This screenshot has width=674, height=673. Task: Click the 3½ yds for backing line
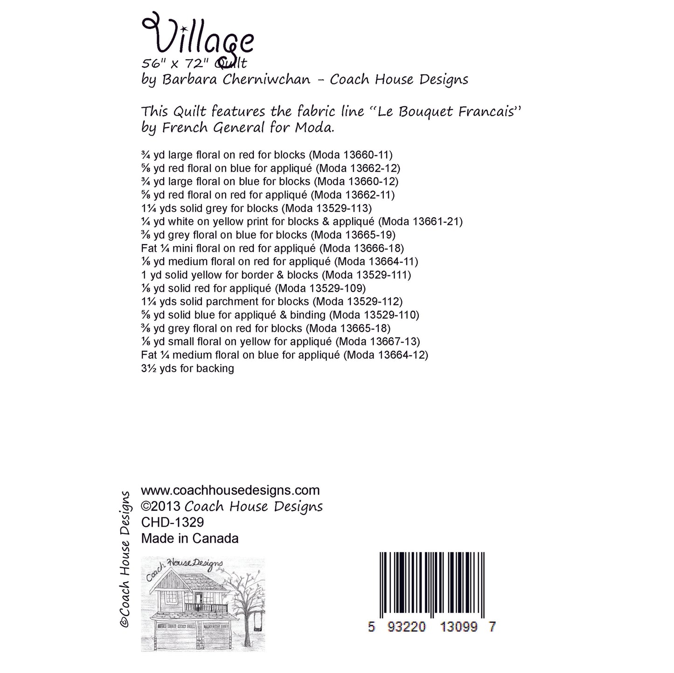pyautogui.click(x=187, y=368)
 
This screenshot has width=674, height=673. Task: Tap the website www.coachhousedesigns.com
pyautogui.click(x=230, y=490)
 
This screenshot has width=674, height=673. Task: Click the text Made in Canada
pyautogui.click(x=189, y=538)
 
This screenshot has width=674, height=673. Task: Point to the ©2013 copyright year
pyautogui.click(x=161, y=506)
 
